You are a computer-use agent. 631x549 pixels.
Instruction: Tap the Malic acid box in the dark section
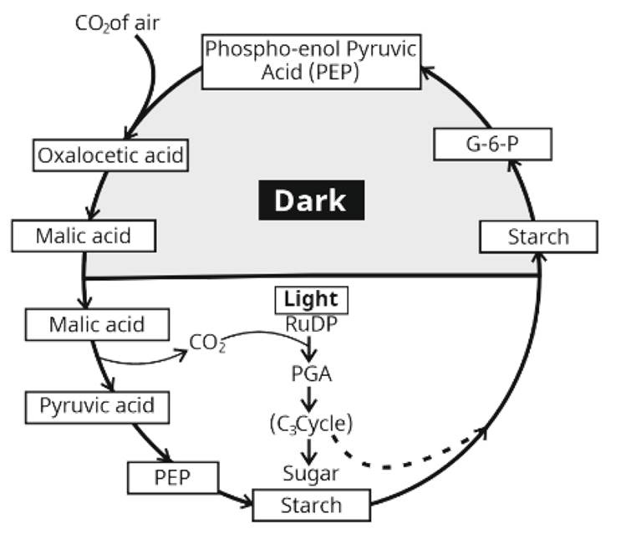click(84, 235)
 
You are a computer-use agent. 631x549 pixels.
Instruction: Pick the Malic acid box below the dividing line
click(97, 323)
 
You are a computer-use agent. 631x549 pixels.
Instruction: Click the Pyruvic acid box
click(97, 407)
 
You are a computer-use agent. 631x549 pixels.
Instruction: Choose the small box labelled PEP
click(173, 478)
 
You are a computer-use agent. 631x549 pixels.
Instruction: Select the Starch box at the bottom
click(311, 505)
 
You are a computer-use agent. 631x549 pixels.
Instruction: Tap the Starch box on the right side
click(538, 236)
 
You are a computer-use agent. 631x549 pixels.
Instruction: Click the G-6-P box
click(494, 145)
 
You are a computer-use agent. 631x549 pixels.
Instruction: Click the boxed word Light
click(311, 299)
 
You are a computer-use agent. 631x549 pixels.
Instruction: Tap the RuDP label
click(311, 322)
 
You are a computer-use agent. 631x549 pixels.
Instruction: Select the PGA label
click(311, 374)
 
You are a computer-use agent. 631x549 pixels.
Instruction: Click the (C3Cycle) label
click(311, 424)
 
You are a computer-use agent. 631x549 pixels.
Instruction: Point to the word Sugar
click(311, 474)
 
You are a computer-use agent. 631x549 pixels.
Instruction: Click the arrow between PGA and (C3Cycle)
click(311, 399)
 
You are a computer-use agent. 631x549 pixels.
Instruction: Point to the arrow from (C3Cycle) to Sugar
click(311, 450)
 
